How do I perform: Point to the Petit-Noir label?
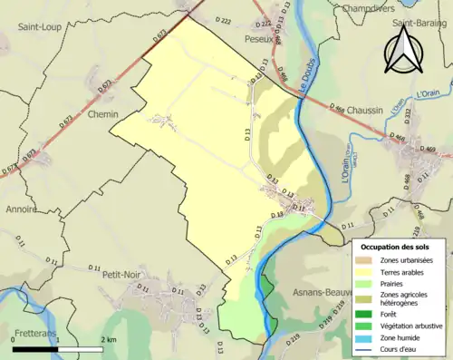pos(123,272)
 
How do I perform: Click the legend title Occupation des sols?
pos(395,247)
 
